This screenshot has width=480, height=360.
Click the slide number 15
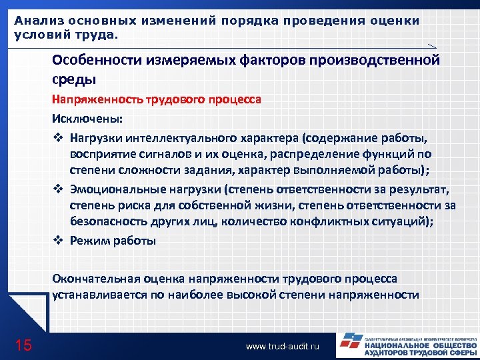pyautogui.click(x=23, y=345)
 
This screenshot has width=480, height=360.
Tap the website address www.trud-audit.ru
pyautogui.click(x=283, y=347)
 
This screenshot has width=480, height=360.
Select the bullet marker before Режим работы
pyautogui.click(x=57, y=241)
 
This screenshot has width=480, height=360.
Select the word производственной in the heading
pyautogui.click(x=377, y=61)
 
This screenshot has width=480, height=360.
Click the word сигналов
pyautogui.click(x=149, y=155)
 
